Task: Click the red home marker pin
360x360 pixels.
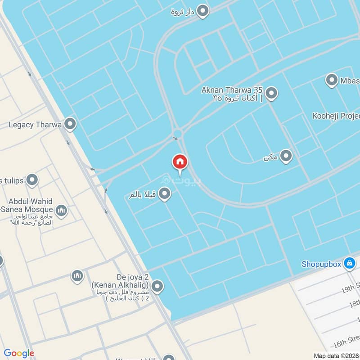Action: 180,162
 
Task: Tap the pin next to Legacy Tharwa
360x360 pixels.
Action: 70,124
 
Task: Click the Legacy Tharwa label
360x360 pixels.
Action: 35,124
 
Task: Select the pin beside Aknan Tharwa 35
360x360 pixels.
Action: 271,94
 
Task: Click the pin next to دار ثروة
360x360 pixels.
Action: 203,11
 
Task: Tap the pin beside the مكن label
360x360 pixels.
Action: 286,157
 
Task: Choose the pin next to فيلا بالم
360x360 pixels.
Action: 165,194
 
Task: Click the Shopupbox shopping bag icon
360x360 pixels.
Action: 349,264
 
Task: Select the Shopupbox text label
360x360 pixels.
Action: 321,264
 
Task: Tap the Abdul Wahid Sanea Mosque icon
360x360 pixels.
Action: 62,210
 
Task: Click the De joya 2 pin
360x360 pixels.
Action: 157,286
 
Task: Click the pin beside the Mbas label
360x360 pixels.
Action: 332,81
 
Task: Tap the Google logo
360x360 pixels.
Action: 19,353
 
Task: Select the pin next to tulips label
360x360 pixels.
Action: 31,180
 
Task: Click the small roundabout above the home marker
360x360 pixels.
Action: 177,133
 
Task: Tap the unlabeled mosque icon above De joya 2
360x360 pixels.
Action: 77,276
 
